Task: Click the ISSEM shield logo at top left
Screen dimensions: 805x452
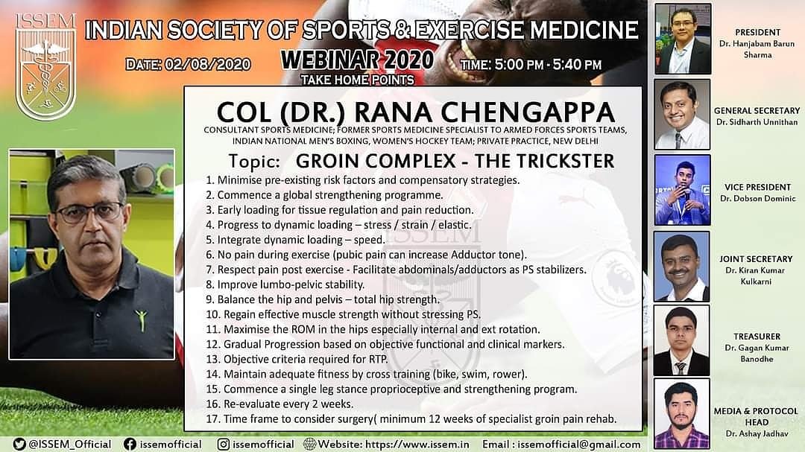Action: click(x=45, y=68)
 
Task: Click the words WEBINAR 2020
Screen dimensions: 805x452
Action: click(x=357, y=60)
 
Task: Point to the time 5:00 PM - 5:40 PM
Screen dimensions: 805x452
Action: click(x=547, y=66)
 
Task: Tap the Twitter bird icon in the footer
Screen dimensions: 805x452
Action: click(x=19, y=444)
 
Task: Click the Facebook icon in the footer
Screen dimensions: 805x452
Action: click(x=130, y=444)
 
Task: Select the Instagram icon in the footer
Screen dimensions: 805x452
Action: click(x=224, y=444)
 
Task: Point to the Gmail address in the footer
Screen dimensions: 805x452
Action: click(x=579, y=445)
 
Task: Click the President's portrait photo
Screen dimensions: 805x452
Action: click(x=683, y=39)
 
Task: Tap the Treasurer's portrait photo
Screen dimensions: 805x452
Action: click(x=682, y=340)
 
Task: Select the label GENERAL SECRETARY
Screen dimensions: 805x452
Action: click(x=757, y=110)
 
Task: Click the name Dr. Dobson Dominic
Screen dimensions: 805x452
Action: click(x=758, y=199)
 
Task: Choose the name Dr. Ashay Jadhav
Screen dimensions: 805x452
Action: click(x=757, y=433)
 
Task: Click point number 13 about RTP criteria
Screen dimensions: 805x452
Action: click(x=297, y=359)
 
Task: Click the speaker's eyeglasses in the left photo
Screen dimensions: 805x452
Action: click(x=90, y=212)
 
